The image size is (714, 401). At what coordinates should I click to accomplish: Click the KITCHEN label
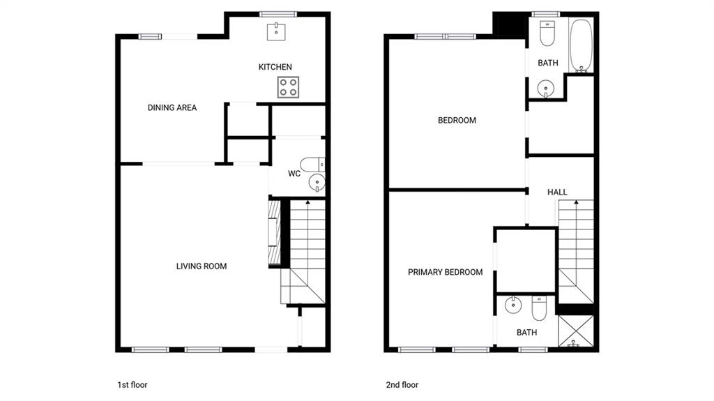tap(275, 67)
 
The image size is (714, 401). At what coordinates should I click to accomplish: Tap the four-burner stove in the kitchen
tap(288, 87)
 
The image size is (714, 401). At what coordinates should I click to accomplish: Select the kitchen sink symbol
tap(276, 31)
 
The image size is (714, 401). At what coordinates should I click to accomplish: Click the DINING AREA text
tap(172, 107)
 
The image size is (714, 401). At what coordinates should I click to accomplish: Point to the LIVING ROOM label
tap(202, 266)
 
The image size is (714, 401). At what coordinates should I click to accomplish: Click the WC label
tap(294, 174)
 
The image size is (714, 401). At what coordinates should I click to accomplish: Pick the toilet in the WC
tap(312, 164)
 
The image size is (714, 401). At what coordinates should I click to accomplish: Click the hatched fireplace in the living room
tap(274, 232)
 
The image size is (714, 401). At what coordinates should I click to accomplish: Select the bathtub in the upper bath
tap(581, 45)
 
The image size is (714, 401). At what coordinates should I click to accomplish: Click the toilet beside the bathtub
tap(547, 33)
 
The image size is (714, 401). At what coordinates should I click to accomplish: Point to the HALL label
tap(557, 192)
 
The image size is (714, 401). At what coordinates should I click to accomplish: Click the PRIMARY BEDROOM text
tap(446, 272)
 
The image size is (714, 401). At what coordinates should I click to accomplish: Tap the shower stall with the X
tap(575, 331)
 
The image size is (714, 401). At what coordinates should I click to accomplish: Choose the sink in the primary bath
tap(513, 305)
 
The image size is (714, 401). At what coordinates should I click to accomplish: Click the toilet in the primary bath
tap(539, 308)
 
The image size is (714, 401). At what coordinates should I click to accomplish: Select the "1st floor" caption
tap(132, 384)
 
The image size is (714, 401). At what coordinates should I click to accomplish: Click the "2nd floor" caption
tap(402, 384)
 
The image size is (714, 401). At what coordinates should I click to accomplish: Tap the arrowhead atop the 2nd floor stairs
tap(577, 202)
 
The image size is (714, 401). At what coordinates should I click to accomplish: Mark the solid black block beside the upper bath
tap(510, 25)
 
